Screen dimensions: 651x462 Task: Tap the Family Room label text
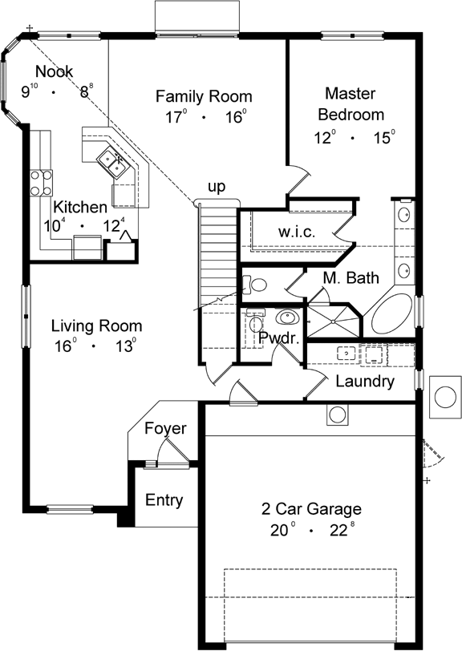(x=198, y=97)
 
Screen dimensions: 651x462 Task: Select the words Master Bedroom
(x=354, y=103)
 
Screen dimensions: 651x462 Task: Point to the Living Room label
(x=96, y=326)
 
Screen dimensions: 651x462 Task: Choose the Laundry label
(x=364, y=382)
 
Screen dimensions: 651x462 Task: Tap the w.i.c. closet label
(x=296, y=232)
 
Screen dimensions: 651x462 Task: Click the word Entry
(x=164, y=501)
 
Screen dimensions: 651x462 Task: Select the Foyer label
(x=164, y=429)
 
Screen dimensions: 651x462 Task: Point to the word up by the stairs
(x=217, y=187)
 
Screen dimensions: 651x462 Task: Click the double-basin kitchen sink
(x=111, y=160)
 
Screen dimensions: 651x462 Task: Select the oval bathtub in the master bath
(x=391, y=314)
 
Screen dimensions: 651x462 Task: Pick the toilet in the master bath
(x=256, y=285)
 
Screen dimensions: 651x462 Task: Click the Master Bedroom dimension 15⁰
(x=383, y=138)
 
